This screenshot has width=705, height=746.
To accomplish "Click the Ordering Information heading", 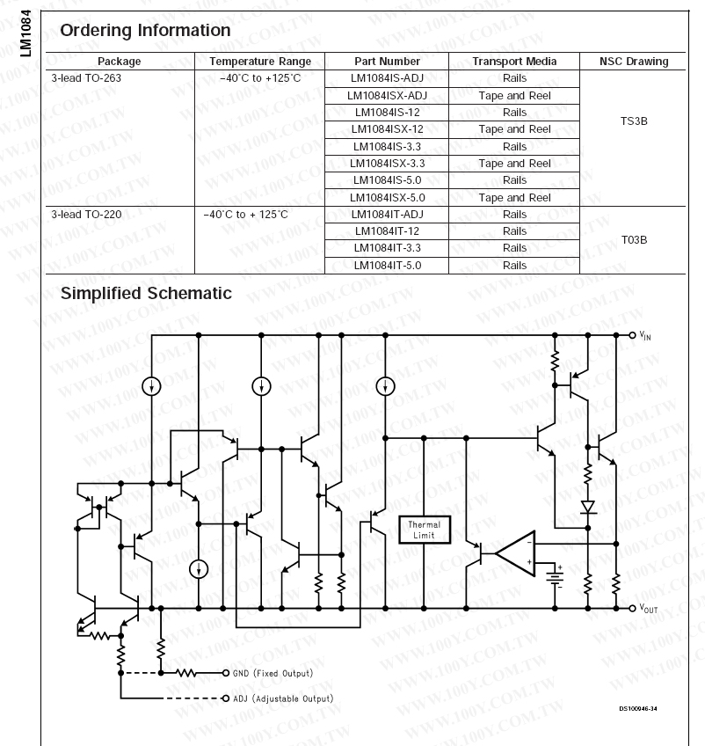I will tap(145, 31).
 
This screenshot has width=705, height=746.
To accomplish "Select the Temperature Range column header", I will tap(259, 62).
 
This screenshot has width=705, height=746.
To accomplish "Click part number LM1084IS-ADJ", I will tap(387, 78).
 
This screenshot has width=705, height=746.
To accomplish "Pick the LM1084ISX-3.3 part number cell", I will tap(387, 164).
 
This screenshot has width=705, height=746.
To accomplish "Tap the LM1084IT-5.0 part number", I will tap(387, 265).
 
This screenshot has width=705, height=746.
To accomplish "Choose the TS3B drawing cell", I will tap(633, 121).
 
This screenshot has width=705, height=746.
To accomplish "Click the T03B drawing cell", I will tap(633, 239).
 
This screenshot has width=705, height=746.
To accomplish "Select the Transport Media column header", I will tap(514, 62).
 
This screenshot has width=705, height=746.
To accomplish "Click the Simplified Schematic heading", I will tap(146, 293).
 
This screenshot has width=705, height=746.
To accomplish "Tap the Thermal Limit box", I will tap(425, 530).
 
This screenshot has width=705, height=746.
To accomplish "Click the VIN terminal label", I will tap(645, 336).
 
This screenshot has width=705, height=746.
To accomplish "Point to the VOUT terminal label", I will tap(648, 609).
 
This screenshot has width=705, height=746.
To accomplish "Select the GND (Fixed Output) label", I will tap(273, 673).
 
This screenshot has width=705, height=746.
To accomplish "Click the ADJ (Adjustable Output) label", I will tap(282, 698).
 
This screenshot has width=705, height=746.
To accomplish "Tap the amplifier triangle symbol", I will tap(515, 552).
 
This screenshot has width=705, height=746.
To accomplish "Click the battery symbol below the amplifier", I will tap(556, 576).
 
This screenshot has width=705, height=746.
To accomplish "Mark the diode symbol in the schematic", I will tap(588, 507).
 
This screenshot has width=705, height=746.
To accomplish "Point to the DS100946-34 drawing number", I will tap(636, 708).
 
